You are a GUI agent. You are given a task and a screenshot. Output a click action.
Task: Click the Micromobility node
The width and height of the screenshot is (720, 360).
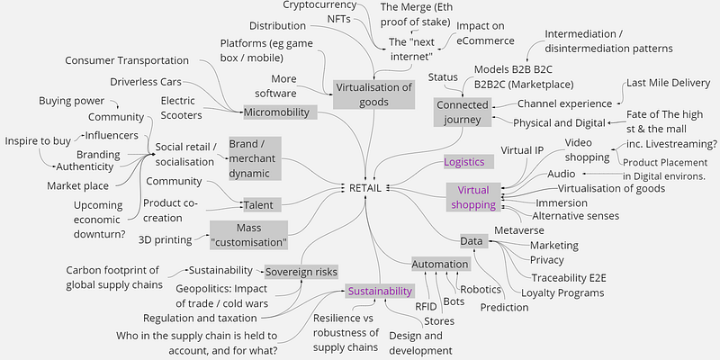pos(280,112)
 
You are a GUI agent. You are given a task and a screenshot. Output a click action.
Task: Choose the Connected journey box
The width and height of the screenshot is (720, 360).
pos(463,113)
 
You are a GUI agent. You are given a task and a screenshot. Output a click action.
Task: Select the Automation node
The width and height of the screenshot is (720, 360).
pos(440,265)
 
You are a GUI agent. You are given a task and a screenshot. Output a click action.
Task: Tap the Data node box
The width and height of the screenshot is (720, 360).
pos(470,241)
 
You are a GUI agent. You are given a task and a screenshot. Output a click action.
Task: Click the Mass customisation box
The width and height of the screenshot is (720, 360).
pos(248,236)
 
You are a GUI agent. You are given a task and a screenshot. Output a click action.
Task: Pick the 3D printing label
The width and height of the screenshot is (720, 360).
pos(166,239)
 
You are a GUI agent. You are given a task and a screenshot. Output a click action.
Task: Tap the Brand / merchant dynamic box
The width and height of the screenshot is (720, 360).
pos(255,158)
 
